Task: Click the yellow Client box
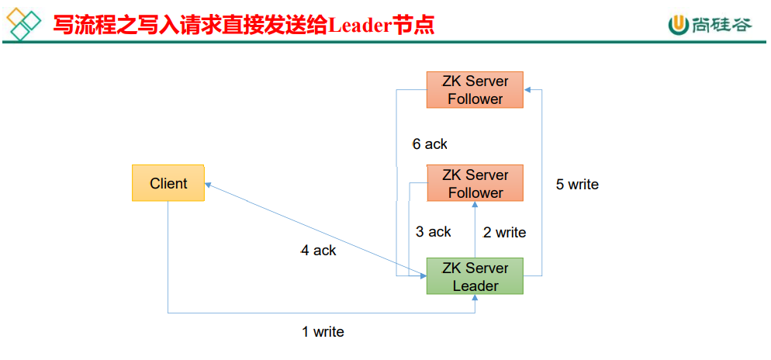coord(168,183)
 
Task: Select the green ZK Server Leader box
coord(475,276)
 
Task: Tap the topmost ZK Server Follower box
coord(475,90)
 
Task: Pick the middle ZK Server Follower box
coord(475,183)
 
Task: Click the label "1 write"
coord(323,332)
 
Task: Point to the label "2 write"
coord(504,232)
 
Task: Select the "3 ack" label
coord(433,231)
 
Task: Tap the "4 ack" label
coord(318,251)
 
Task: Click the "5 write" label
coord(577,185)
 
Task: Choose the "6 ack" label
coord(430,144)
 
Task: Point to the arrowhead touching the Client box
coord(208,185)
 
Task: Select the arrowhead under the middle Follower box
coord(475,205)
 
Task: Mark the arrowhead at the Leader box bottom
coord(475,298)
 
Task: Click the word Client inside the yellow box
coord(168,183)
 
